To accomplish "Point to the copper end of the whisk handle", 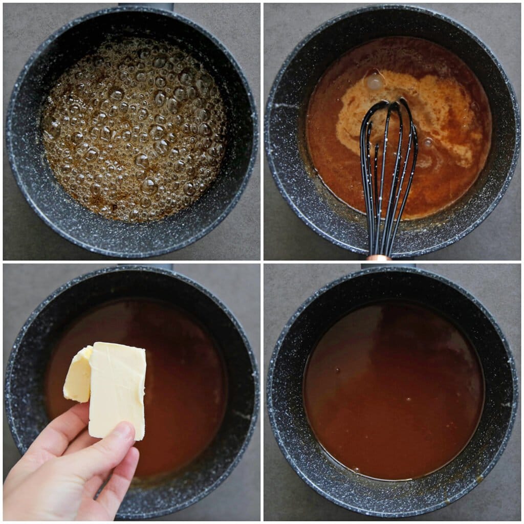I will tap(379, 257).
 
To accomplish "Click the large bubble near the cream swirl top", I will tap(375, 81).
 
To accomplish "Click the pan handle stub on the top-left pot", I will tap(146, 7).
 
